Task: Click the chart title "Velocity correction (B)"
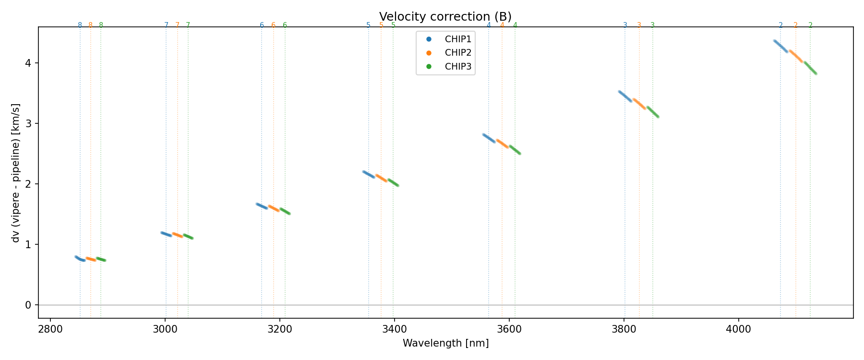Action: [445, 17]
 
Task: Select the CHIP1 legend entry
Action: [458, 39]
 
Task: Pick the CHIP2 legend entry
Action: [458, 53]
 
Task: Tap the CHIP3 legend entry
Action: [458, 67]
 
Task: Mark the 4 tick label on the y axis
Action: [28, 63]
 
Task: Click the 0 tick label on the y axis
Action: [28, 305]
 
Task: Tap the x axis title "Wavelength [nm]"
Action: [445, 344]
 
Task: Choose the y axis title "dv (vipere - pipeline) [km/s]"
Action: [16, 173]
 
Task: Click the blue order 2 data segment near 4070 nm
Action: [780, 46]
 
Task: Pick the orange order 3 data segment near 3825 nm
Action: [639, 104]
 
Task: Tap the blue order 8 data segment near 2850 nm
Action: [80, 259]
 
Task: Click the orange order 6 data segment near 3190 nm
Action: [274, 208]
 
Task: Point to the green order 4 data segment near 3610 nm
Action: [515, 150]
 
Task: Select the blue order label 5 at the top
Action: [368, 25]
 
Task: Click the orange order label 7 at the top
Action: [177, 25]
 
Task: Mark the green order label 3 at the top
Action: [652, 25]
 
